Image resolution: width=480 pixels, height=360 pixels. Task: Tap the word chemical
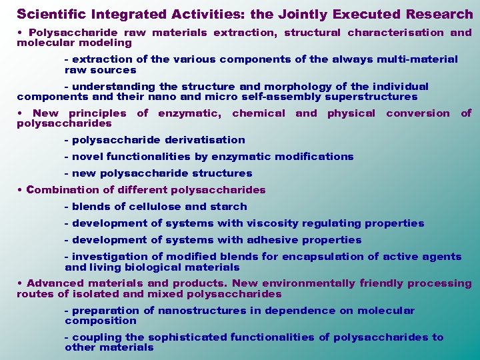(x=258, y=113)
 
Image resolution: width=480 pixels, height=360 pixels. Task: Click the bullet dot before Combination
(x=20, y=190)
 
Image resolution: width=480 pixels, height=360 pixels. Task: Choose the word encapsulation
(x=322, y=257)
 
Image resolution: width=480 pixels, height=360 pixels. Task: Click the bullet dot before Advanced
(x=20, y=283)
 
